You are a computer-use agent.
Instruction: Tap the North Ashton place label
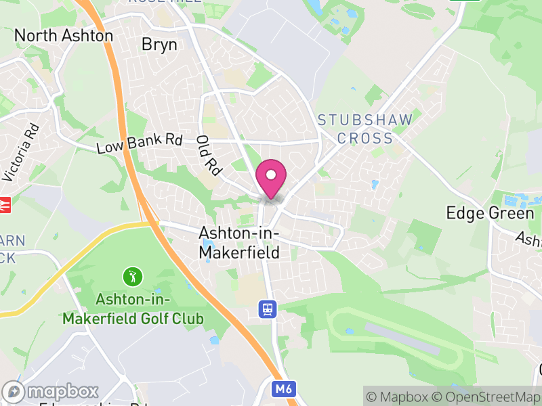pos(64,35)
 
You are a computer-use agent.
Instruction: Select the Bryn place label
pos(159,45)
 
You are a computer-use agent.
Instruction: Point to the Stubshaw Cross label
pos(365,129)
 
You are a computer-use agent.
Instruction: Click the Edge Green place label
pos(490,213)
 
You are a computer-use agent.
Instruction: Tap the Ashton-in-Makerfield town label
pos(239,242)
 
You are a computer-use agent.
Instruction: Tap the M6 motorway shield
pos(285,389)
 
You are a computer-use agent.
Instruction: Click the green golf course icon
pos(133,276)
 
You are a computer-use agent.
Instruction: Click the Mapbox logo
pos(51,392)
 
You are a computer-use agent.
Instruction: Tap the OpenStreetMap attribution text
pos(488,397)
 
